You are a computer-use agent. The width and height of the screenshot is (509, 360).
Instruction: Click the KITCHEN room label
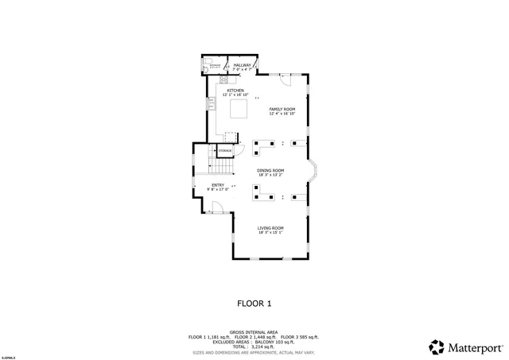pyautogui.click(x=235, y=91)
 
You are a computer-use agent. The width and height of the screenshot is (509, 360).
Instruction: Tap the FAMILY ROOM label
pyautogui.click(x=282, y=109)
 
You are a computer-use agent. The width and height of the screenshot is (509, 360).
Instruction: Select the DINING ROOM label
pyautogui.click(x=270, y=170)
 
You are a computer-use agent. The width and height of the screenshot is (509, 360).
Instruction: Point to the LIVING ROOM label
pyautogui.click(x=270, y=228)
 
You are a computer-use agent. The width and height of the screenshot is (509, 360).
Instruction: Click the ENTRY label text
pyautogui.click(x=217, y=185)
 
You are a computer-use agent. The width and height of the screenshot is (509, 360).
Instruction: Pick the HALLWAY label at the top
pyautogui.click(x=242, y=65)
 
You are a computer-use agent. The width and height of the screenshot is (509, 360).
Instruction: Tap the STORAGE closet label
pyautogui.click(x=225, y=150)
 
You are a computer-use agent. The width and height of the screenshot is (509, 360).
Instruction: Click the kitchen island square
pyautogui.click(x=235, y=109)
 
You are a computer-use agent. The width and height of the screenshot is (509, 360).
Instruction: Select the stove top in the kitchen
pyautogui.click(x=224, y=79)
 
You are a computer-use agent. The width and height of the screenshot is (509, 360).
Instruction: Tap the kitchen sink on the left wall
pyautogui.click(x=212, y=104)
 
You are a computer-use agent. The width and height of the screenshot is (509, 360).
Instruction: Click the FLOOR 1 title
pyautogui.click(x=254, y=303)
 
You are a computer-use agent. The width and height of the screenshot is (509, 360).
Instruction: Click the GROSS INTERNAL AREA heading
pyautogui.click(x=254, y=332)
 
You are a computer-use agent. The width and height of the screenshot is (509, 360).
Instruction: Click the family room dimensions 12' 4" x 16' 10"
pyautogui.click(x=282, y=114)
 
